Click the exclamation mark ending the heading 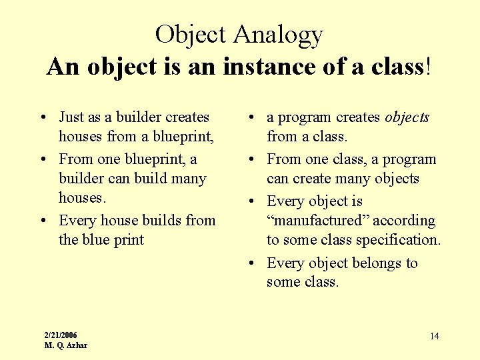(x=428, y=67)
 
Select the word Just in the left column (x=71, y=117)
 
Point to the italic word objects (x=407, y=118)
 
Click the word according (x=405, y=221)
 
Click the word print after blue (x=129, y=239)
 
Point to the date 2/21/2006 (x=61, y=335)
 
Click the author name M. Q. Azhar (x=65, y=345)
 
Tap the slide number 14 (x=434, y=336)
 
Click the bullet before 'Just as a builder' (x=43, y=118)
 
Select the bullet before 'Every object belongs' (x=251, y=263)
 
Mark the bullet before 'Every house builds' (x=43, y=221)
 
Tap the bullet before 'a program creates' (x=251, y=118)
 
